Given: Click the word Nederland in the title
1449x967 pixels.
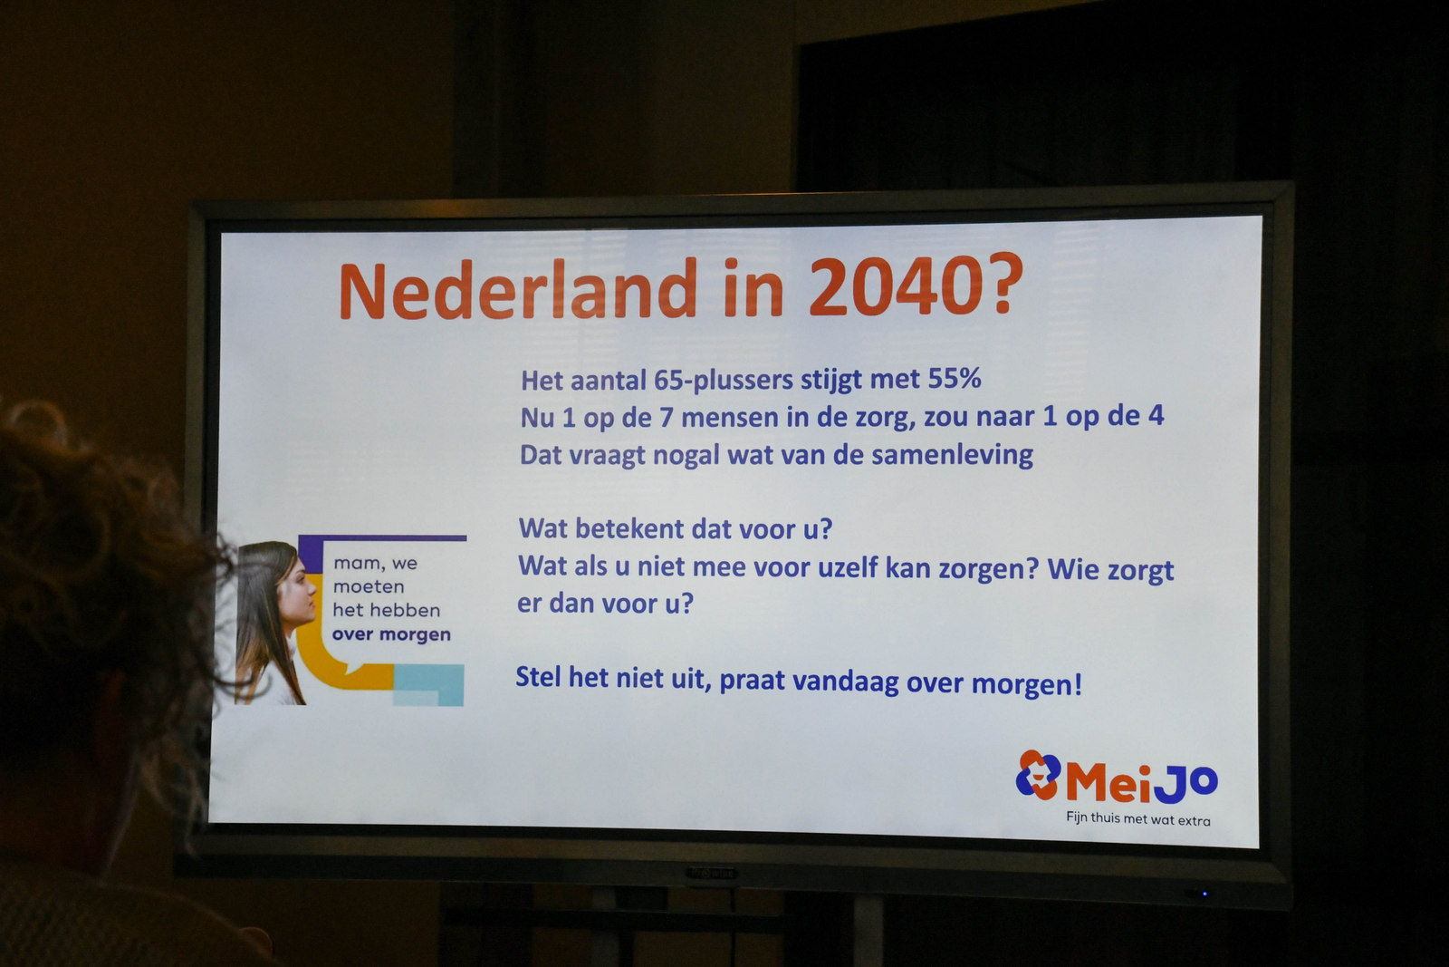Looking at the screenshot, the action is (x=518, y=289).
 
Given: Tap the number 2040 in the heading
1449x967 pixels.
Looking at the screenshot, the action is (x=896, y=285).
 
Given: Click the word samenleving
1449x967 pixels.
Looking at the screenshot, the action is (x=952, y=454).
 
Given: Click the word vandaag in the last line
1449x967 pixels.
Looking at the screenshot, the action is (x=846, y=682).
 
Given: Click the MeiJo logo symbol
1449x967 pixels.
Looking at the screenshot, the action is (x=1038, y=775).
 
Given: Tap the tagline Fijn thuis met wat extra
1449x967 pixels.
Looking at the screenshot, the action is (x=1137, y=818).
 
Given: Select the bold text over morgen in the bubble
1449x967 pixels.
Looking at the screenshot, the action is (x=391, y=634).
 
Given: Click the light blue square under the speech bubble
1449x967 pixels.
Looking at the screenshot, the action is (x=428, y=685).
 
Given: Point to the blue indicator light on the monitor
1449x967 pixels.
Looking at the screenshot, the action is (x=1204, y=894).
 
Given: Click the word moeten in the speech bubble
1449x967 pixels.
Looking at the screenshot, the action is (x=369, y=586).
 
